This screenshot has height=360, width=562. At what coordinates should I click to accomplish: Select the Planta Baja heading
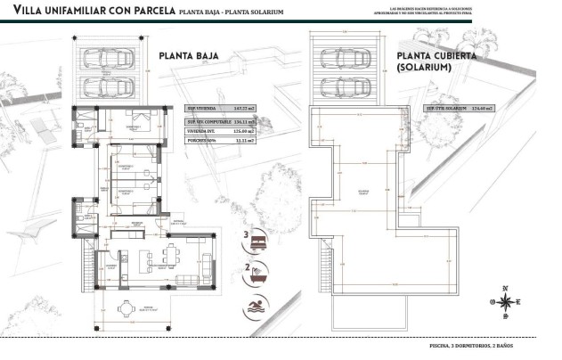[x=189, y=55]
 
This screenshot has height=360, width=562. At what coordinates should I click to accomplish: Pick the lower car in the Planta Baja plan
[x=108, y=86]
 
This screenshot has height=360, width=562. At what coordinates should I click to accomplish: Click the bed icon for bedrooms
[x=258, y=241]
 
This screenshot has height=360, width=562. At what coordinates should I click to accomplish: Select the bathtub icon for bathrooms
[x=258, y=274]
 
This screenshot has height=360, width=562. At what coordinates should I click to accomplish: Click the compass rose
[x=505, y=300]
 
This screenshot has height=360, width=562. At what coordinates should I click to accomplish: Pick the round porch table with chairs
[x=129, y=308]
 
